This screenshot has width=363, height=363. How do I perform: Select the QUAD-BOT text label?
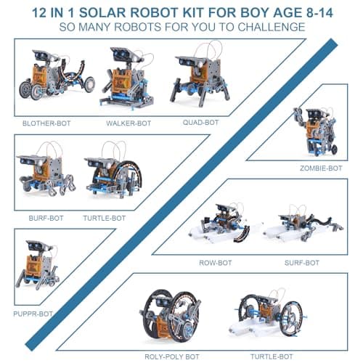(x=200, y=122)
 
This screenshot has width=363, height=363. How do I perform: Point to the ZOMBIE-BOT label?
(x=320, y=168)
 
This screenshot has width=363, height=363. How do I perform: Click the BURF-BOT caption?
(x=46, y=217)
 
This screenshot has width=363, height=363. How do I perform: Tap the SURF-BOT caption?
(x=301, y=261)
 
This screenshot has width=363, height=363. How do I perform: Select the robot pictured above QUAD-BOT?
(x=199, y=79)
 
